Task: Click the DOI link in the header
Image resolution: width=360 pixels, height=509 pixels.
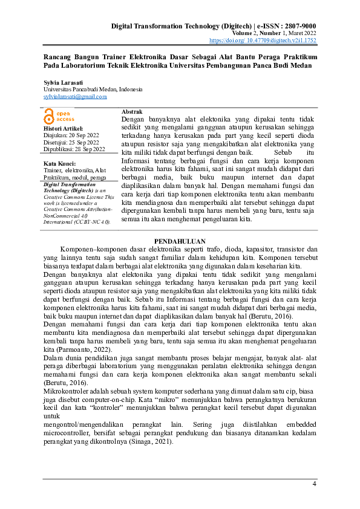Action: click(271, 41)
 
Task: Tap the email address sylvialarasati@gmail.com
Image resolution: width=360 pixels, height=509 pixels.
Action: click(75, 96)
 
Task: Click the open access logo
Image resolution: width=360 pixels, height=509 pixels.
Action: click(59, 117)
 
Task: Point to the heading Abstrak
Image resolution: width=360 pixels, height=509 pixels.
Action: click(132, 113)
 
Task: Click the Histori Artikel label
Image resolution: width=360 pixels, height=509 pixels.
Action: click(62, 129)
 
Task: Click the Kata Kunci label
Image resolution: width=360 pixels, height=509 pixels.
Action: click(59, 164)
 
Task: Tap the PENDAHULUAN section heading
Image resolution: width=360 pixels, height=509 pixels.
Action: click(180, 241)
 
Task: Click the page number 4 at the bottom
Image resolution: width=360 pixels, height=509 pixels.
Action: click(314, 484)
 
